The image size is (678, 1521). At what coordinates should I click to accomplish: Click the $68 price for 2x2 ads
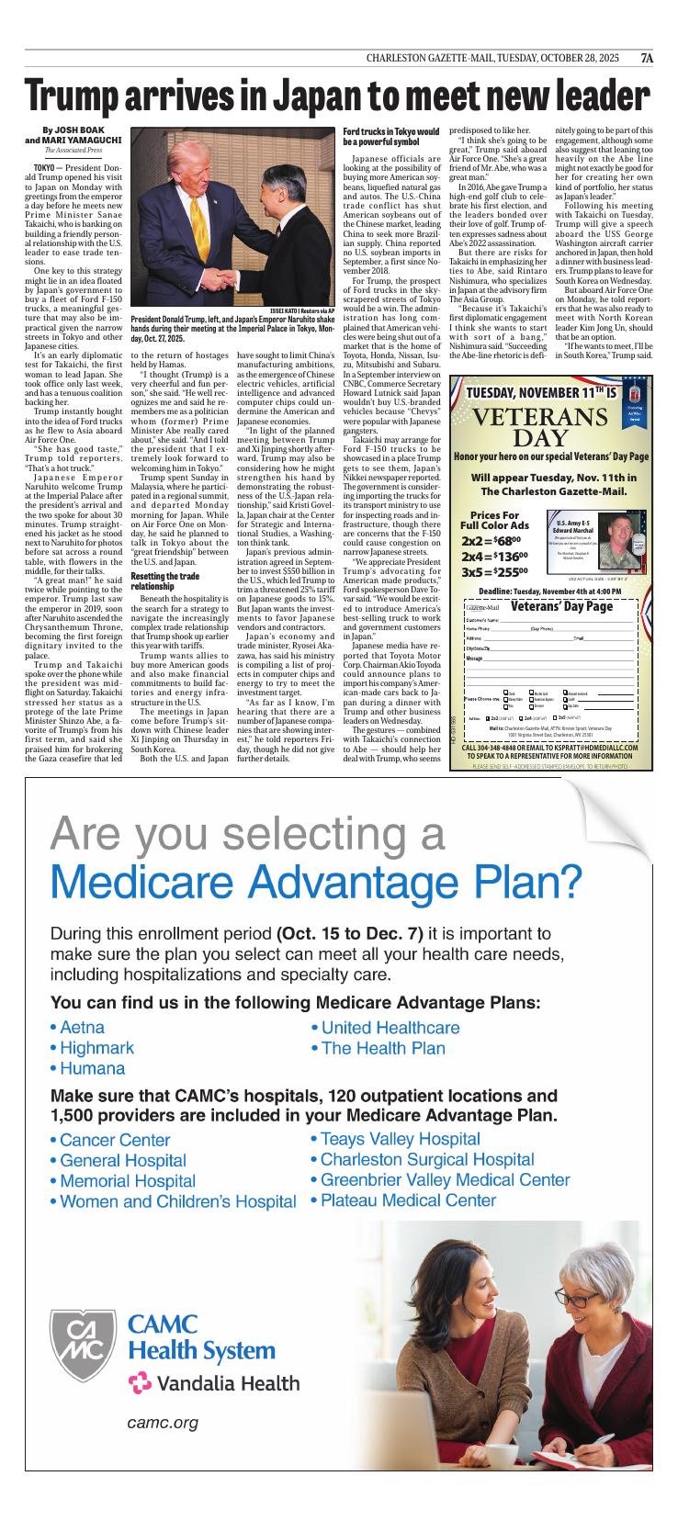click(x=510, y=542)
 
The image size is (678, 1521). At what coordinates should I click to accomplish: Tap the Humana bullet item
click(x=87, y=1068)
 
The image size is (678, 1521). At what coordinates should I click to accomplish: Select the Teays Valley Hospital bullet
click(x=394, y=1139)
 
